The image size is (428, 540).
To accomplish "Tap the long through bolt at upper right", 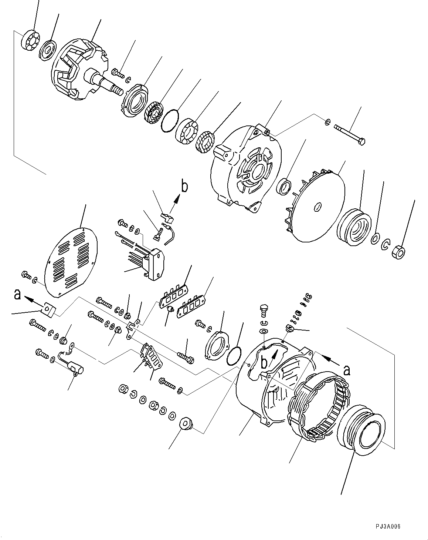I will (x=349, y=134).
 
